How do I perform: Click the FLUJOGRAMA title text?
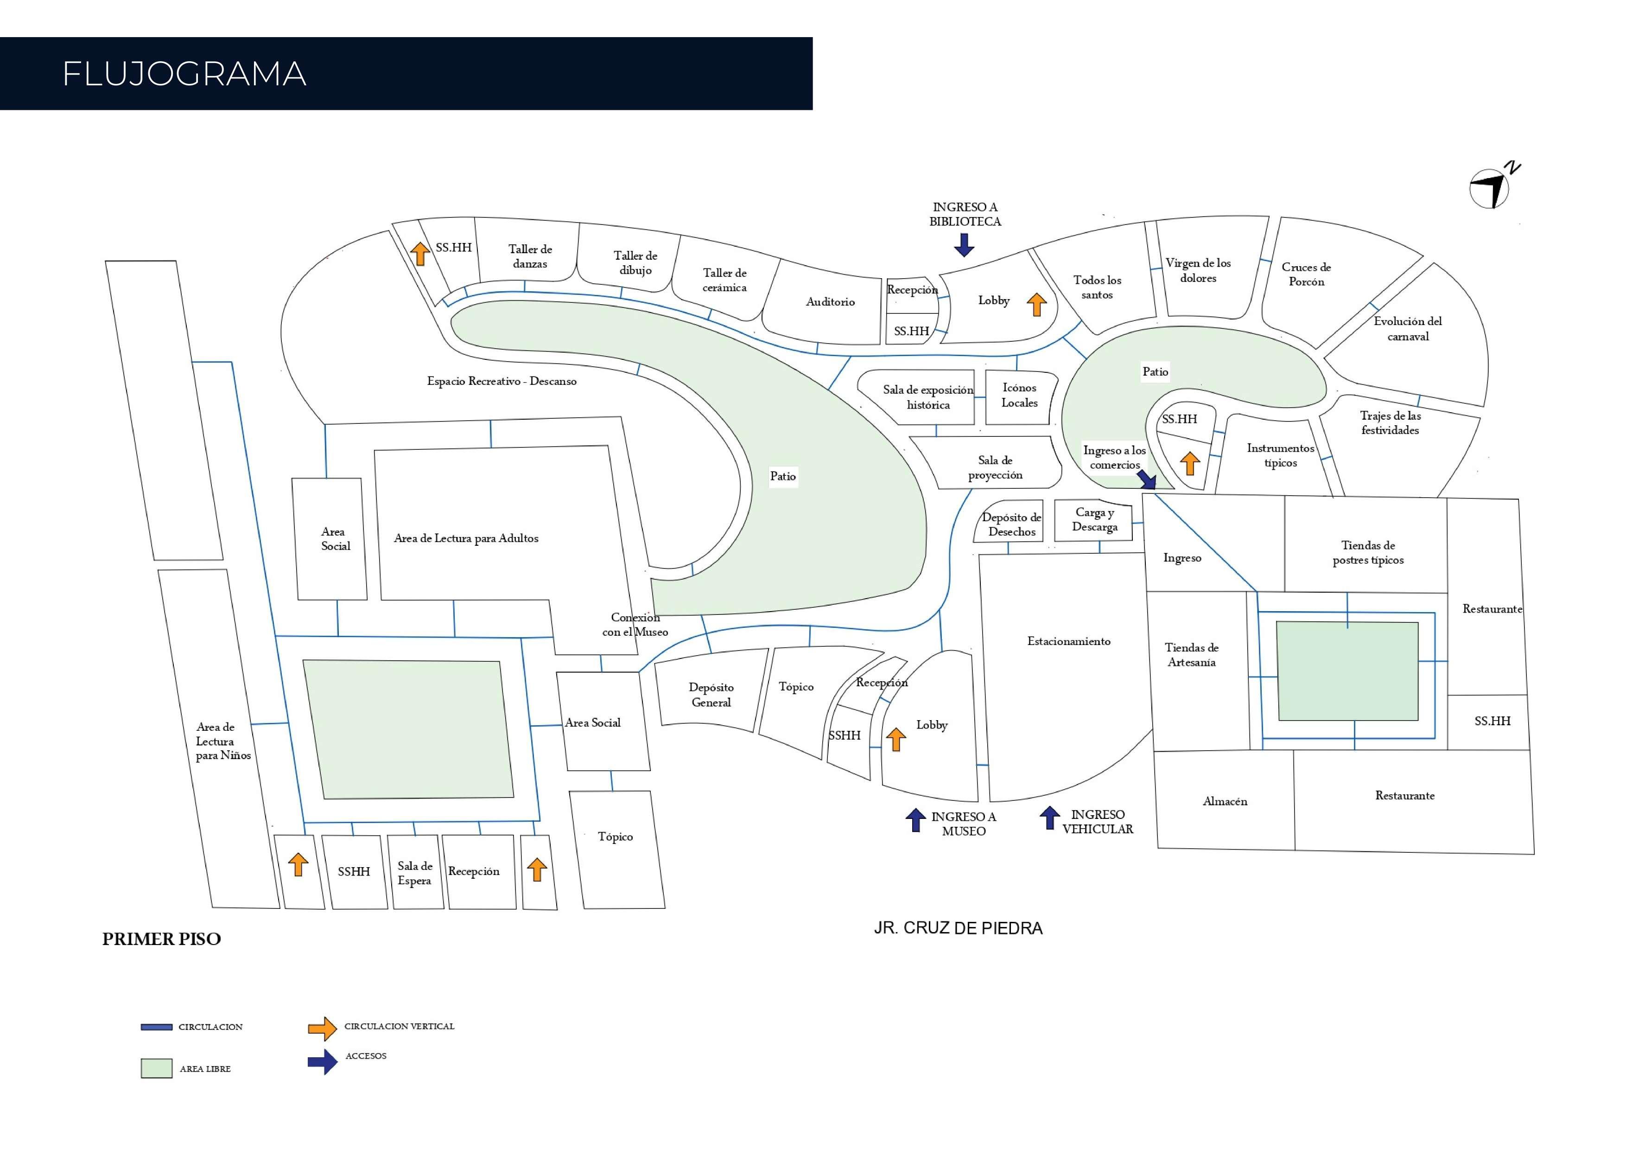pos(184,74)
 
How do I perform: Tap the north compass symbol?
pos(1490,188)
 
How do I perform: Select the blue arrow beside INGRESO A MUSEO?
pos(916,820)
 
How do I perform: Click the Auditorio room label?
pos(830,302)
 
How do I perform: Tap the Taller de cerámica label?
pos(724,280)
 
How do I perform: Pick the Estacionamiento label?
pos(1069,641)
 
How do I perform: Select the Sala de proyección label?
pos(995,468)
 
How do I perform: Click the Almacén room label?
pos(1225,801)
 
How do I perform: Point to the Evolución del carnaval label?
pos(1407,329)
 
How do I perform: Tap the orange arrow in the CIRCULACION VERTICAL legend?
pos(322,1028)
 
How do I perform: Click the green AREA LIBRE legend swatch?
pos(157,1068)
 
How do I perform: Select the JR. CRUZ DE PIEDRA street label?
pos(958,928)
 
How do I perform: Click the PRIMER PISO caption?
pos(161,939)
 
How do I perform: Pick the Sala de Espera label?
pos(414,873)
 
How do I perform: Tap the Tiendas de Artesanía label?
pos(1192,655)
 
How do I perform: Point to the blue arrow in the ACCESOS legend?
pos(322,1061)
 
